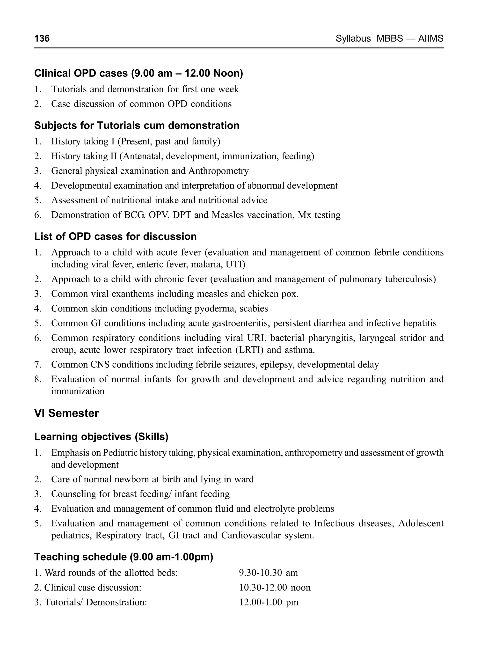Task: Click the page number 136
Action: click(42, 38)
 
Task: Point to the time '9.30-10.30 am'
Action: click(269, 573)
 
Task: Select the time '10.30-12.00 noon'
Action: click(275, 587)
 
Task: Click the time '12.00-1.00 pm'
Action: click(269, 602)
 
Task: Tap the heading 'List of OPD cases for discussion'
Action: click(115, 237)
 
